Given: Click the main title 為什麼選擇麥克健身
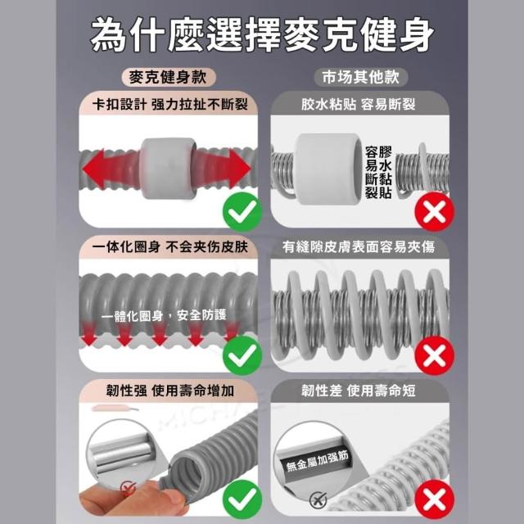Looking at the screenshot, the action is [262, 34].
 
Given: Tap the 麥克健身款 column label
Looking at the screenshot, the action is [168, 77].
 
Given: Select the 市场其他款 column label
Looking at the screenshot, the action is [360, 77].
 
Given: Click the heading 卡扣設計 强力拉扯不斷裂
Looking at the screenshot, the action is [169, 105].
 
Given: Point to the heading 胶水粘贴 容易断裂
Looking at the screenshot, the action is [359, 105].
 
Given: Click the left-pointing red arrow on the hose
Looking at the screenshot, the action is [111, 167].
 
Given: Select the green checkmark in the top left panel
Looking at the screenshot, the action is [242, 212].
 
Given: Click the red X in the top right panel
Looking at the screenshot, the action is [435, 212].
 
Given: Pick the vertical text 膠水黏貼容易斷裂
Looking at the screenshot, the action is [378, 173].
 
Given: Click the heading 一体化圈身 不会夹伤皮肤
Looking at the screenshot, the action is [169, 247].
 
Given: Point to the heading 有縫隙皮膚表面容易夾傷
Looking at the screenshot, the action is [359, 247].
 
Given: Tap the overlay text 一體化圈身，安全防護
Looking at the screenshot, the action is [164, 315].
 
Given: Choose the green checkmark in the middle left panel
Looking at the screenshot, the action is [242, 355].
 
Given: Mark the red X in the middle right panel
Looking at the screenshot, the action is [435, 355].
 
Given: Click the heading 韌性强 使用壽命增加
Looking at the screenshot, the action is [169, 391].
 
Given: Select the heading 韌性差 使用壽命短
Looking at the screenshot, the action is [359, 391].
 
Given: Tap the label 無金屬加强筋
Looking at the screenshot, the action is [317, 461].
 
